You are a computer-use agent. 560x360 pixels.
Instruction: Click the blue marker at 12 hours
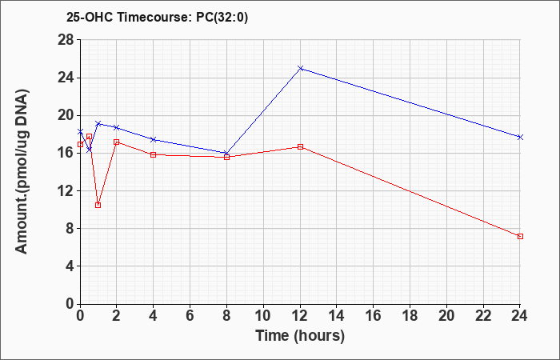(x=300, y=68)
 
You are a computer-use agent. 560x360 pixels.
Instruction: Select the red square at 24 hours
(x=520, y=237)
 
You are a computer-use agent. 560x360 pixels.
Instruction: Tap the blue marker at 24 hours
(x=520, y=137)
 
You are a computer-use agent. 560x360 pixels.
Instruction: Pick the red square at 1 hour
(x=98, y=206)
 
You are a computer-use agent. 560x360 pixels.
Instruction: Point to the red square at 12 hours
(x=300, y=146)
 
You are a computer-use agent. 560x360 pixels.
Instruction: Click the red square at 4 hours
(x=154, y=154)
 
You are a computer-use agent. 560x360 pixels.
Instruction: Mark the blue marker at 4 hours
(x=154, y=139)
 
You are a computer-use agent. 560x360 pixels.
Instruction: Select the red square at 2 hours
(x=117, y=142)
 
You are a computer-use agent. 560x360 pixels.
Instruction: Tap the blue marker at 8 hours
(x=226, y=153)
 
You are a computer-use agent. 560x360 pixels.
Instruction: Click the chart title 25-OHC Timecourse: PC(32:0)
(x=157, y=18)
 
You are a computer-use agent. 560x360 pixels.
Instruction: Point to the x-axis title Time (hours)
(x=300, y=336)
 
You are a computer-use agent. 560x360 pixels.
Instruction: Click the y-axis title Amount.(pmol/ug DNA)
(x=22, y=171)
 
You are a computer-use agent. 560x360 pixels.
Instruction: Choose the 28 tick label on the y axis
(x=66, y=40)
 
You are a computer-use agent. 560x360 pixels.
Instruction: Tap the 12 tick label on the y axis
(x=66, y=190)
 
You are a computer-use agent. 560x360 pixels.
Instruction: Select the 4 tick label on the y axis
(x=70, y=266)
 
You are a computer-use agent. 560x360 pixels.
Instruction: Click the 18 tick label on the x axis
(x=410, y=316)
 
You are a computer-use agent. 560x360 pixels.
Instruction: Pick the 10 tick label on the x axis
(x=263, y=316)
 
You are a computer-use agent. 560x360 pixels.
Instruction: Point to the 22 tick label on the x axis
(x=483, y=316)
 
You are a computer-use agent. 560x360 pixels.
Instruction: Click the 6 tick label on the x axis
(x=190, y=316)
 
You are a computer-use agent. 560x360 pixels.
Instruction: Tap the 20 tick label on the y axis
(x=66, y=115)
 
